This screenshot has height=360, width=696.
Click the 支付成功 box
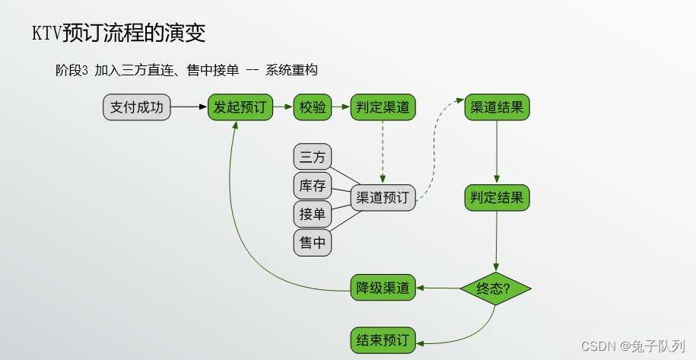coord(137,107)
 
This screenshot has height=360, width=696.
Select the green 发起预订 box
coord(240,107)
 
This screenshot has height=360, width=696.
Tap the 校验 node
coord(313,107)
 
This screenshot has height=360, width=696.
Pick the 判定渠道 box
coord(383,107)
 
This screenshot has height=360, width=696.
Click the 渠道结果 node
coord(497,107)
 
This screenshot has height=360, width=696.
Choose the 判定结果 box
coord(497,198)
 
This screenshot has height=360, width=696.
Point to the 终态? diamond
coord(495,288)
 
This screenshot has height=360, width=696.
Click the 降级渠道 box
coord(383,288)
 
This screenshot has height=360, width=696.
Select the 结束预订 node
coord(383,339)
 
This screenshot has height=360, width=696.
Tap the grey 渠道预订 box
coord(383,198)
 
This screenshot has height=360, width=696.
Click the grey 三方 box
coord(313,158)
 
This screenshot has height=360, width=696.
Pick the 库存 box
coord(313,186)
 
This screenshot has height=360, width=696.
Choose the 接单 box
coord(313,214)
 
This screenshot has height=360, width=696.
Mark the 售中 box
coord(313,243)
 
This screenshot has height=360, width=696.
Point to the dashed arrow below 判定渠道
coord(383,152)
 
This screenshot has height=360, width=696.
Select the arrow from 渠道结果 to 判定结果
coord(497,152)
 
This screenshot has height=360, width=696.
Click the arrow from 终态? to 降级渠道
coord(437,288)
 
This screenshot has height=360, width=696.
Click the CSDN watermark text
coord(598,346)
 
